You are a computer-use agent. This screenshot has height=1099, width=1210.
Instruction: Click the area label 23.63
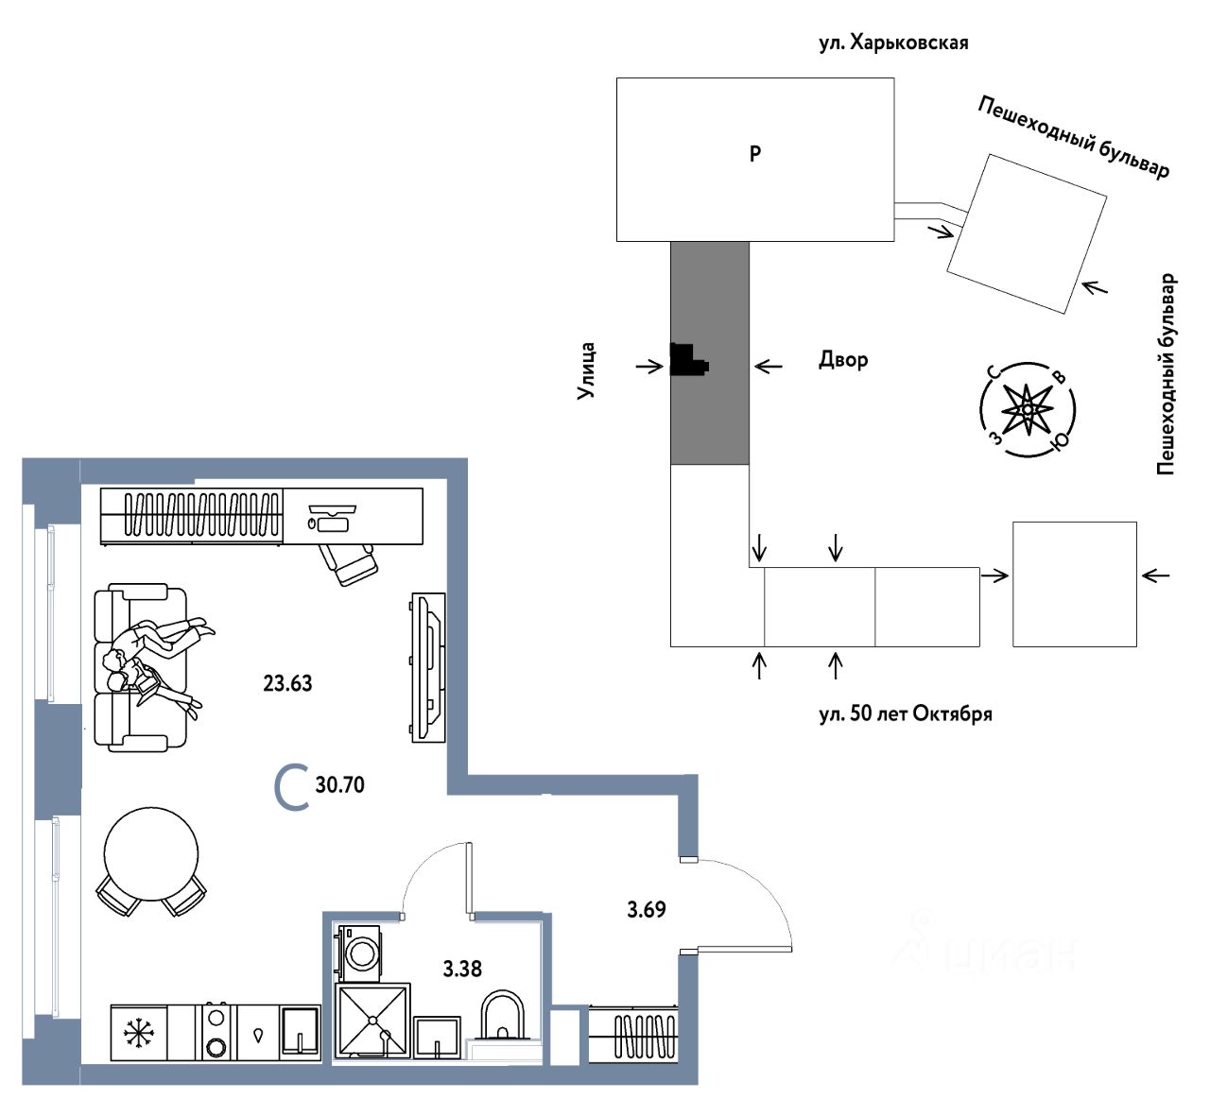pyautogui.click(x=287, y=683)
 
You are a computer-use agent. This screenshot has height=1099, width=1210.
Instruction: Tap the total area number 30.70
pyautogui.click(x=339, y=784)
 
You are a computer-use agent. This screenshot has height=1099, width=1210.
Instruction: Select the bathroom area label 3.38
pyautogui.click(x=462, y=969)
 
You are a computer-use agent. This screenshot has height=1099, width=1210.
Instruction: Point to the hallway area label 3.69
pyautogui.click(x=646, y=910)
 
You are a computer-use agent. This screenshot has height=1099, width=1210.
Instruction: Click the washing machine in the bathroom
pyautogui.click(x=360, y=953)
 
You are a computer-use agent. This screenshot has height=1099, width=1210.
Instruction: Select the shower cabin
pyautogui.click(x=372, y=1021)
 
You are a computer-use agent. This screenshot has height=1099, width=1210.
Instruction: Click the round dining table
pyautogui.click(x=151, y=853)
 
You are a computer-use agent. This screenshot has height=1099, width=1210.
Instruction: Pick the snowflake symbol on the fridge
pyautogui.click(x=138, y=1033)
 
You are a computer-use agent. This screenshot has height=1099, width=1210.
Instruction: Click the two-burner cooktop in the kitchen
pyautogui.click(x=216, y=1032)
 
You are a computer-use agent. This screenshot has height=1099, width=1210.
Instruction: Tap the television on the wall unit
pyautogui.click(x=430, y=668)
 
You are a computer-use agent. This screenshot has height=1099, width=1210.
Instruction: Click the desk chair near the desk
pyautogui.click(x=349, y=563)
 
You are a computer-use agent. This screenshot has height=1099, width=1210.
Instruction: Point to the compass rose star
pyautogui.click(x=1028, y=409)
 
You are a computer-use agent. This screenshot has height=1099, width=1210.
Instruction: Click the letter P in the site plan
pyautogui.click(x=754, y=154)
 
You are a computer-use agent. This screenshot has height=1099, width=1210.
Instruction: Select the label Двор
pyautogui.click(x=842, y=359)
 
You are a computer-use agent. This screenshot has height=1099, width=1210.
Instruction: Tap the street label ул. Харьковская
pyautogui.click(x=893, y=43)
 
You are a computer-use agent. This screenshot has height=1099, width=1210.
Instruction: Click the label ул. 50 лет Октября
pyautogui.click(x=906, y=714)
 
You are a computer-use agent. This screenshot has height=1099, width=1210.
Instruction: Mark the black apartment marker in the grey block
pyautogui.click(x=687, y=359)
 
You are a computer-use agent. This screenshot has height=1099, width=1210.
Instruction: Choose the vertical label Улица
pyautogui.click(x=586, y=371)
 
